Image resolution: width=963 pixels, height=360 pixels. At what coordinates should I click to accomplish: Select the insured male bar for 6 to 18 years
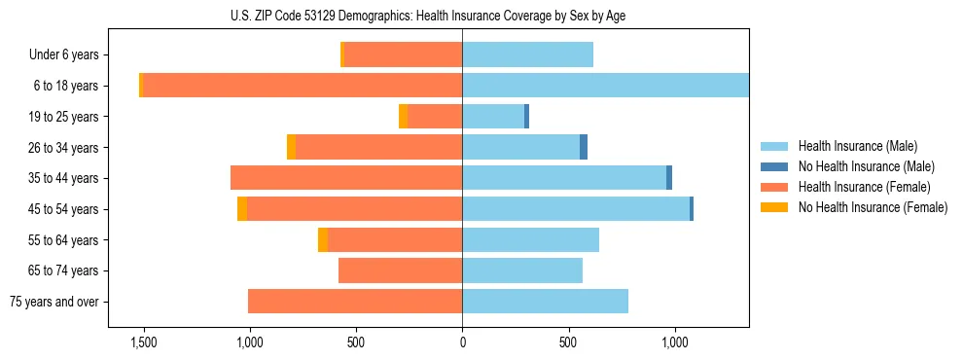click(x=605, y=86)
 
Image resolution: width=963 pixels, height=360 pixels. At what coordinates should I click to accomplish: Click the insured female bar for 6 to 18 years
click(x=302, y=86)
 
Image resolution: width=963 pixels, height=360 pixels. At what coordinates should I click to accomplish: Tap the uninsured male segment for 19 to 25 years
click(x=526, y=117)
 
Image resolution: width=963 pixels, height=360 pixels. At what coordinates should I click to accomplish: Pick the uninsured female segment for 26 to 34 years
click(x=291, y=147)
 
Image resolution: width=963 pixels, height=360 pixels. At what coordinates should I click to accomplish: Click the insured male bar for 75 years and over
click(x=545, y=302)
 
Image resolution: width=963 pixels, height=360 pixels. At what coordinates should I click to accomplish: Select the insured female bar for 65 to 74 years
click(x=400, y=270)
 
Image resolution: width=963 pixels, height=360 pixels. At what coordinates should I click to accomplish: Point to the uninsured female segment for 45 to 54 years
click(x=242, y=209)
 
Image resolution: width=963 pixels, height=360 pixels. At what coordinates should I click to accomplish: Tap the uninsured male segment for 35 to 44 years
click(x=669, y=178)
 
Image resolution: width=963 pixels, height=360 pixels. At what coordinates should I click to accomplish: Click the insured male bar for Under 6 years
click(x=527, y=55)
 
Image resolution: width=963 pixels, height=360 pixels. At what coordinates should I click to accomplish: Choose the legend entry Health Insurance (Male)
click(x=857, y=146)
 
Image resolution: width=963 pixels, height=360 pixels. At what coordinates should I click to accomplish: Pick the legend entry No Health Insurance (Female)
click(x=873, y=207)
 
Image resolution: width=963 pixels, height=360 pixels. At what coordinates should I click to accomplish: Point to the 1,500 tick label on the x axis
click(x=143, y=342)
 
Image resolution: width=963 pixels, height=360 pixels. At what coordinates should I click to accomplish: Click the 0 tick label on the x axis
click(x=462, y=342)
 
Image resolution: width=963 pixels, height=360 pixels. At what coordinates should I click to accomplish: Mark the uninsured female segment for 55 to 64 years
click(x=323, y=240)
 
